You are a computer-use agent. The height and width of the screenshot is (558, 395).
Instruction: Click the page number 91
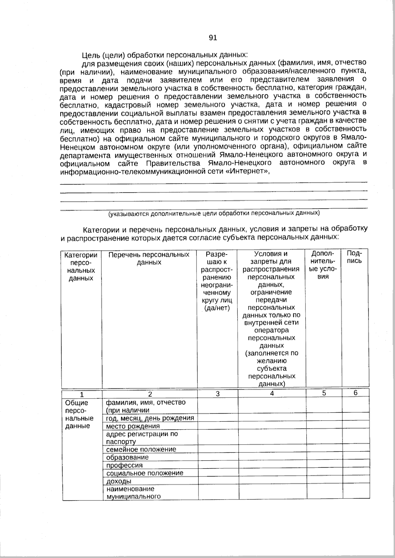(213, 38)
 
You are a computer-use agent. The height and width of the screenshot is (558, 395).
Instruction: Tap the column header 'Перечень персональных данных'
(149, 258)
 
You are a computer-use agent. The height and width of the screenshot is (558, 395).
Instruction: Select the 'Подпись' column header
(355, 257)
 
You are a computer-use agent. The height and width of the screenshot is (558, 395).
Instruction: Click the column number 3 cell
(218, 394)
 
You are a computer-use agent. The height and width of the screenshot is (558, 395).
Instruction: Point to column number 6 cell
(355, 393)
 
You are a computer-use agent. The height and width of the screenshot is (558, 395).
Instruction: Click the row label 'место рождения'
(133, 426)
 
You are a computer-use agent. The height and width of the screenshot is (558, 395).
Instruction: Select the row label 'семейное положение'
(141, 449)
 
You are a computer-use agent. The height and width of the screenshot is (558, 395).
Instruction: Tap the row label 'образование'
(127, 457)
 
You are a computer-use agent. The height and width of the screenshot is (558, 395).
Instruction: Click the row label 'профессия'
(124, 465)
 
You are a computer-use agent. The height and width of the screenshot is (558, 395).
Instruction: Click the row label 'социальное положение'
(145, 473)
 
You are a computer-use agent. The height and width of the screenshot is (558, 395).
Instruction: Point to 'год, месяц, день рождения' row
(150, 418)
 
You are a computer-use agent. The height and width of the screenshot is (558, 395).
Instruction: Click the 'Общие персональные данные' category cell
(79, 414)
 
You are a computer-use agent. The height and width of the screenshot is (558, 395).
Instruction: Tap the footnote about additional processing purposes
(214, 213)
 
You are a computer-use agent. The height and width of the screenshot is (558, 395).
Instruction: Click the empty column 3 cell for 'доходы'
(218, 481)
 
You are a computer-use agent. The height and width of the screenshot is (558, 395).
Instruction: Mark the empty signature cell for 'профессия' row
(355, 465)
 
